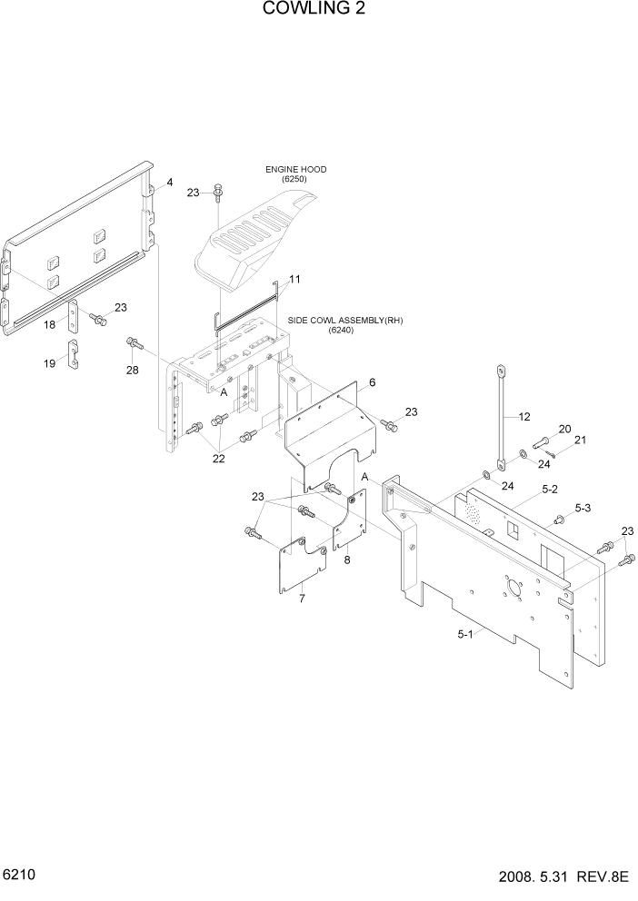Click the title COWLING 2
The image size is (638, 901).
point(318,10)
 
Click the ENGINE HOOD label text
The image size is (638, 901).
point(295,170)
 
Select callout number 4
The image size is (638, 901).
point(168,183)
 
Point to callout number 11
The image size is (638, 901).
point(294,278)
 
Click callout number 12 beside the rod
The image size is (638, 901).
point(523,417)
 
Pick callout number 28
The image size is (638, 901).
point(134,371)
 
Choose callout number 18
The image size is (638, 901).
point(50,324)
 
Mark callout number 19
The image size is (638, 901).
point(50,364)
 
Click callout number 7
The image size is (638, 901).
point(302,599)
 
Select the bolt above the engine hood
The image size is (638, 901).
point(217,192)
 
